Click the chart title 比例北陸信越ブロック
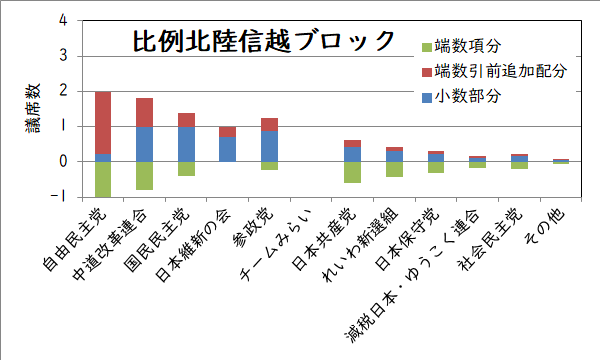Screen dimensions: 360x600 (264, 42)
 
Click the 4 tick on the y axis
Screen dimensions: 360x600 (64, 20)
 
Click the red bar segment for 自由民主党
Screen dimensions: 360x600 (102, 122)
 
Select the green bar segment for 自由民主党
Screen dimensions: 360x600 (102, 179)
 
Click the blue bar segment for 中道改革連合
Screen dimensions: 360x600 (144, 144)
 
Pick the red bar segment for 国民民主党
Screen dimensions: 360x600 (185, 120)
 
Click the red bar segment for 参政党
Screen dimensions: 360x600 (268, 125)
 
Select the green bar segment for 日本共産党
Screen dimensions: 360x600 (351, 172)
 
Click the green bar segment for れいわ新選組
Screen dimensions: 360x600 (393, 169)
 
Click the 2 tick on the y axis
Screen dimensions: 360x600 (64, 91)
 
